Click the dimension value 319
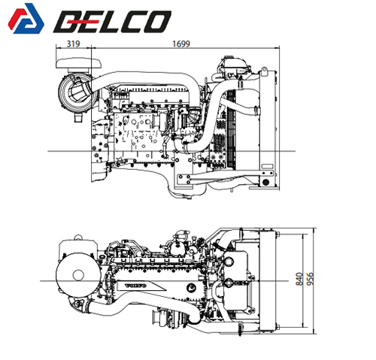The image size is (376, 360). (x=74, y=44)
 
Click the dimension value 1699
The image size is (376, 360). (x=181, y=44)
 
